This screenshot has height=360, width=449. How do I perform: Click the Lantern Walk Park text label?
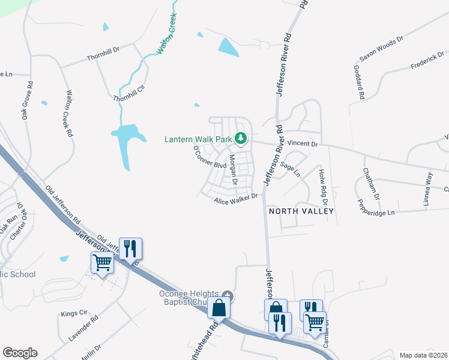(x=198, y=139)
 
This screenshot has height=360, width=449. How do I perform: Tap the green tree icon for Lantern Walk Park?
(x=241, y=139)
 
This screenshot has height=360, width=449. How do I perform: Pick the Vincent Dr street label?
(x=301, y=144)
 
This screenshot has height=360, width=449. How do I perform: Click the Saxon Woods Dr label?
(x=381, y=48)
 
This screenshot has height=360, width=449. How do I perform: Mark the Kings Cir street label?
(x=74, y=313)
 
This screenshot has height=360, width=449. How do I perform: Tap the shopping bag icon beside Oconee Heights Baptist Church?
(x=220, y=308)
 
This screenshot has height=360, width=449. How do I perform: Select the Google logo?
(x=20, y=353)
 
